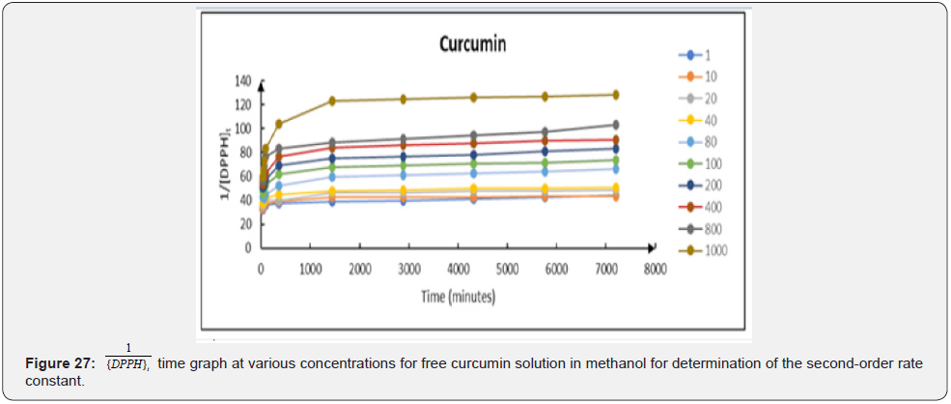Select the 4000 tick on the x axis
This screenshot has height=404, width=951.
[458, 269]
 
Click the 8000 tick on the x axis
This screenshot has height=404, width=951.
[655, 269]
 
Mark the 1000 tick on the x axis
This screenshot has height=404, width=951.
[310, 269]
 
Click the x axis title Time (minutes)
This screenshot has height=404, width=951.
[458, 297]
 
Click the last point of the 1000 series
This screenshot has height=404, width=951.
[614, 95]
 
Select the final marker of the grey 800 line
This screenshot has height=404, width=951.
[614, 125]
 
